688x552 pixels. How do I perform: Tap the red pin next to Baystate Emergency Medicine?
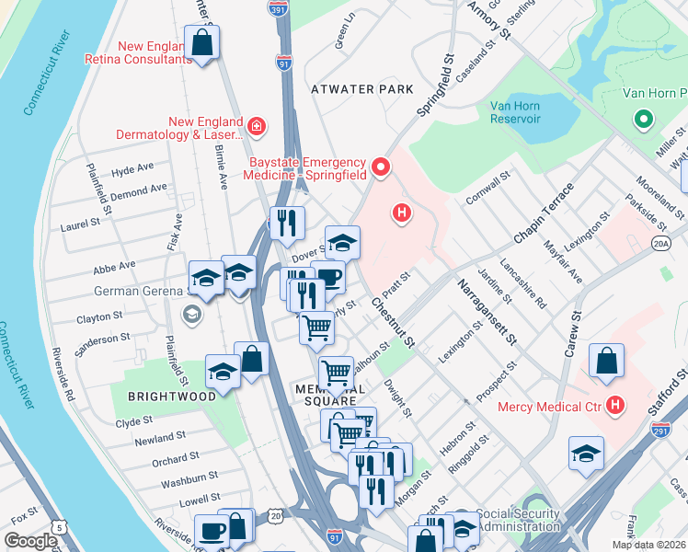coord(382,169)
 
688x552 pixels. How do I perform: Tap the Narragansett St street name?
coord(484,314)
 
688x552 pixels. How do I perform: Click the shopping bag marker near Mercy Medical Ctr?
coord(606,361)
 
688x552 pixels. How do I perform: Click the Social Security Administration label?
coord(519,521)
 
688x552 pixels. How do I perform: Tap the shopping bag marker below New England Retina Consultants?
coord(202,42)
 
